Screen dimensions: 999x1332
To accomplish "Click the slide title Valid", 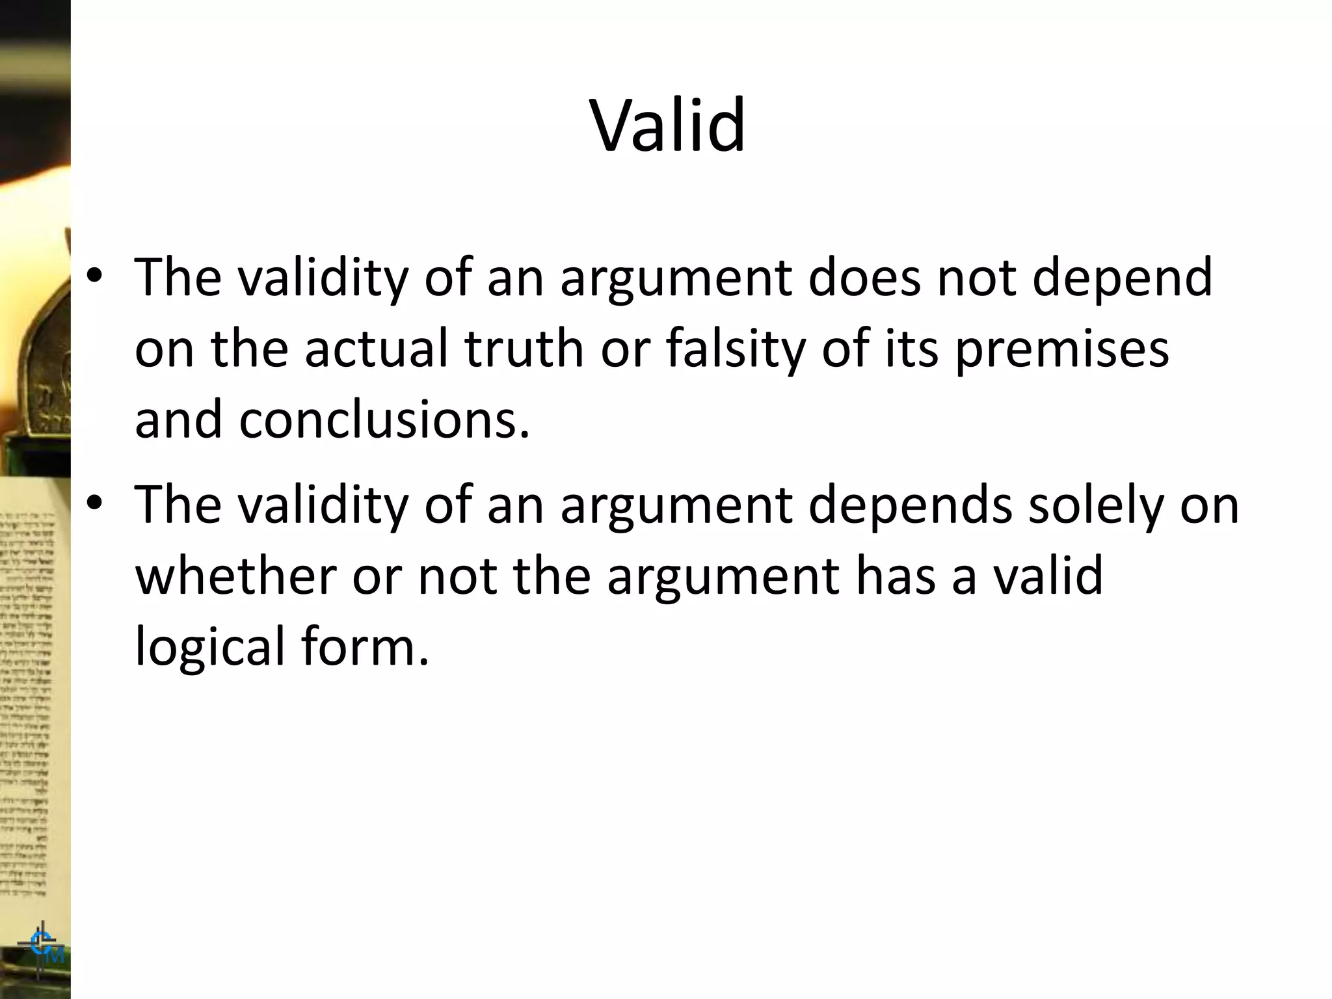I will [x=667, y=125].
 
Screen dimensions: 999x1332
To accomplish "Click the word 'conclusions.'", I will [x=384, y=420].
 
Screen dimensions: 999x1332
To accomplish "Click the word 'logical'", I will [x=210, y=648].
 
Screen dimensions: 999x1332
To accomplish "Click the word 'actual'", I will [x=377, y=349].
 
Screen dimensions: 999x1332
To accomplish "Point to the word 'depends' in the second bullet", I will [x=910, y=505].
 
